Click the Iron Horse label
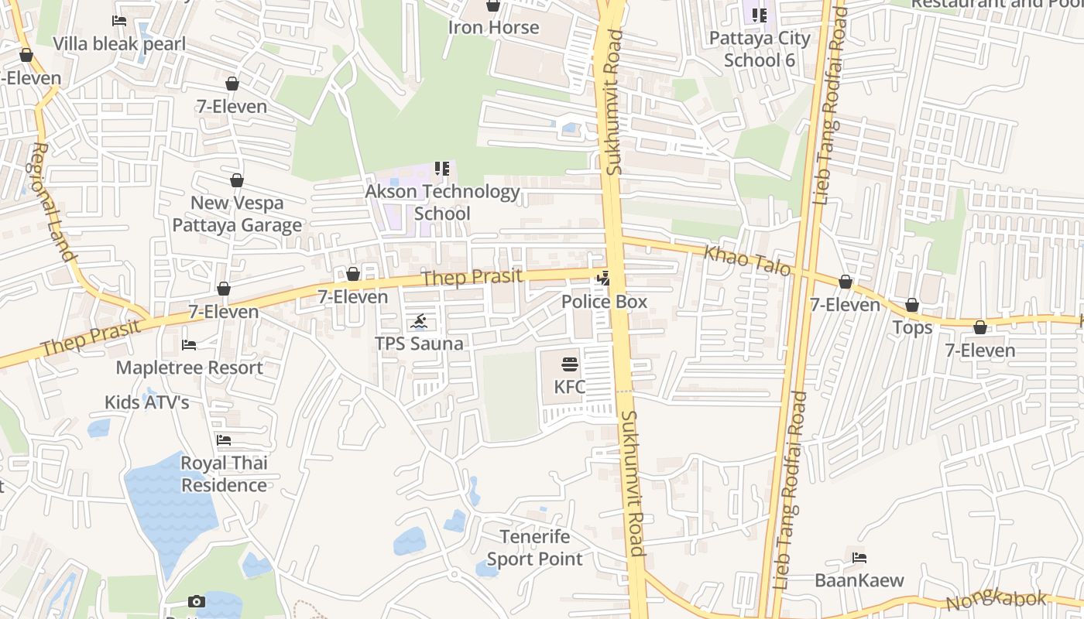[x=493, y=28]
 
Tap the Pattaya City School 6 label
[x=760, y=49]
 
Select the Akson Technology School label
[x=442, y=202]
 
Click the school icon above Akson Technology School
[x=442, y=169]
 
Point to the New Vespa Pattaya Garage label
[x=237, y=214]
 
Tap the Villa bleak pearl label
[x=119, y=43]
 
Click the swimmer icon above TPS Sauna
[x=419, y=322]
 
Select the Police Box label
[x=604, y=302]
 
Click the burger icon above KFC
[x=570, y=364]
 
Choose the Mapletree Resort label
[x=189, y=368]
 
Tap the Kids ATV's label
[x=147, y=402]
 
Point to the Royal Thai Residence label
[x=224, y=474]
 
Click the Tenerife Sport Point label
[x=535, y=547]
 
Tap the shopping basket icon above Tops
[x=912, y=306]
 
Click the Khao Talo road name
[x=746, y=260]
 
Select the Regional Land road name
[x=52, y=202]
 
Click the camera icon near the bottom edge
[x=197, y=601]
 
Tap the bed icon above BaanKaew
[x=859, y=557]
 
